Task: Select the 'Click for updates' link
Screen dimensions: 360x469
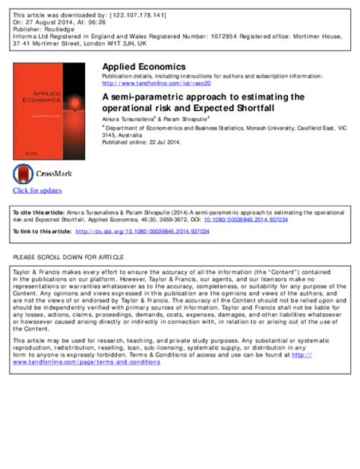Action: [x=36, y=190]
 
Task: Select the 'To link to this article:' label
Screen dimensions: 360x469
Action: [x=42, y=231]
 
